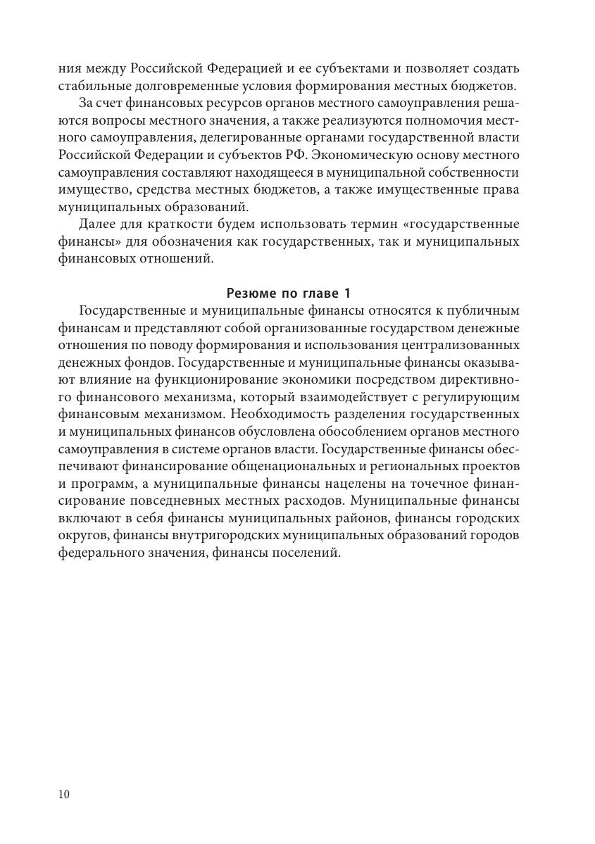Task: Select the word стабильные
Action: pos(92,87)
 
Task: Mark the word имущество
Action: pos(93,190)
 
